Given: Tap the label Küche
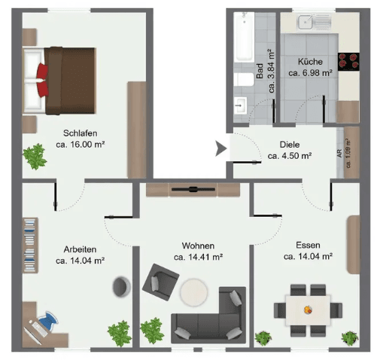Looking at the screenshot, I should [x=309, y=63].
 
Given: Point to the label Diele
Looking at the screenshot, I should [x=290, y=145].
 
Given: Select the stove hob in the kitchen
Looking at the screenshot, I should [x=348, y=60].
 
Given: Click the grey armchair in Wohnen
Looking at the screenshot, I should [x=160, y=282].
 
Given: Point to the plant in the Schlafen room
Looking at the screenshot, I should [x=34, y=157].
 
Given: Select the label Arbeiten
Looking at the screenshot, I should [x=80, y=249].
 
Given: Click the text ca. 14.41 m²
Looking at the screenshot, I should [x=198, y=258].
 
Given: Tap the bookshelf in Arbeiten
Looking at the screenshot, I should [x=29, y=245].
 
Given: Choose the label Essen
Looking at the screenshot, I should [x=309, y=245].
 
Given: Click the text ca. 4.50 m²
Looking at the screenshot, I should [x=290, y=157].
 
